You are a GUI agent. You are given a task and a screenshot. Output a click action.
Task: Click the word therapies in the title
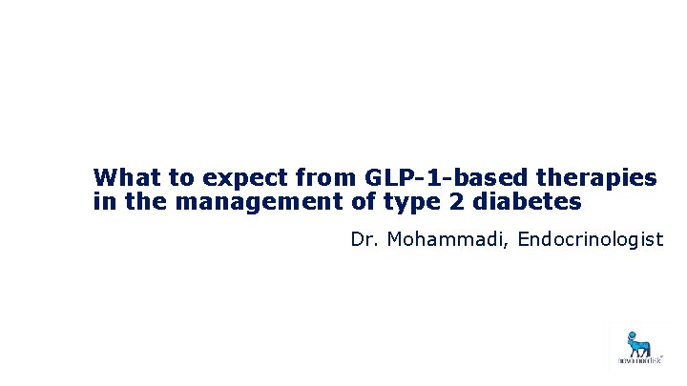pos(598,178)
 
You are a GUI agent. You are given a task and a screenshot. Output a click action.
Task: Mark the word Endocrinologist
pos(590,239)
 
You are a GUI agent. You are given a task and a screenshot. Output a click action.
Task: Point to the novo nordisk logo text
pos(635,362)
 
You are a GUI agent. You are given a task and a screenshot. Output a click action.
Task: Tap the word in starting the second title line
pos(103,202)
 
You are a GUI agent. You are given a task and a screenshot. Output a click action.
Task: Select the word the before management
pos(139,202)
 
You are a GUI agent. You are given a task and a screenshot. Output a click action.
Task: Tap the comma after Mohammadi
pos(510,244)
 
